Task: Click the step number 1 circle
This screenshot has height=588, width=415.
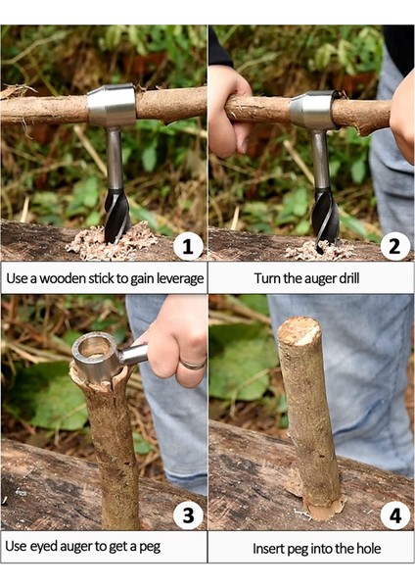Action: click(188, 246)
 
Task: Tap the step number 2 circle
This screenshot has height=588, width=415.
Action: click(394, 246)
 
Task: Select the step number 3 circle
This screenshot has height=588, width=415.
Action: click(188, 515)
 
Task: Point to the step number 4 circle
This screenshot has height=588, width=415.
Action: click(394, 515)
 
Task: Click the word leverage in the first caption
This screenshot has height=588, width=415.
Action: click(180, 279)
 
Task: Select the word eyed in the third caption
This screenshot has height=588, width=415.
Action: click(43, 547)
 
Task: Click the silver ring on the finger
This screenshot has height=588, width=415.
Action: click(193, 364)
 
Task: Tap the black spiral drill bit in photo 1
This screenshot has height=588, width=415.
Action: click(116, 216)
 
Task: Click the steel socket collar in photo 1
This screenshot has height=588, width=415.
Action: click(112, 106)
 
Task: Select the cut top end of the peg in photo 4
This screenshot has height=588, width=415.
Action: click(300, 331)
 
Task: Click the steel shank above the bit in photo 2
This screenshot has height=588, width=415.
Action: click(321, 159)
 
